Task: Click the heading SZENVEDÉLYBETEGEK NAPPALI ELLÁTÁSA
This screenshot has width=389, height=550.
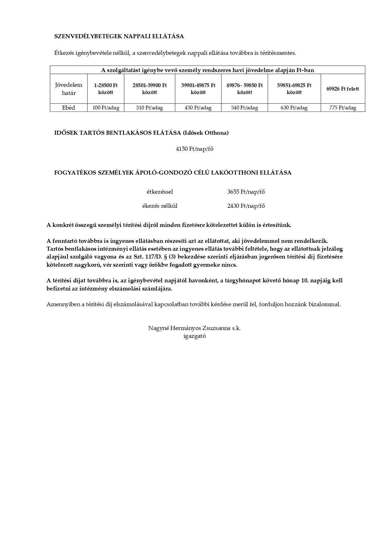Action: coord(119,36)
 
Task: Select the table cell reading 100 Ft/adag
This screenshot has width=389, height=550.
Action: coord(106,108)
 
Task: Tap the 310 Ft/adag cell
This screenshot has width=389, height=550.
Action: coord(149,108)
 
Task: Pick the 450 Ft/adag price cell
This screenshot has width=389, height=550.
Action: coord(198,108)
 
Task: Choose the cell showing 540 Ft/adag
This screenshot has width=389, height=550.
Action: coord(244,108)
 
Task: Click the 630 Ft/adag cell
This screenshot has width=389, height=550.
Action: coord(294,108)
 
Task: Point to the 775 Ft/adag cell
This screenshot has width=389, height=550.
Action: coord(343,108)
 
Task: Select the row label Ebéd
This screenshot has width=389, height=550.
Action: coord(69,108)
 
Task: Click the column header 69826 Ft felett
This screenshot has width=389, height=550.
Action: coord(343,89)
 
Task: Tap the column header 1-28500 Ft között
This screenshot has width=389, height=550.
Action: coord(106,89)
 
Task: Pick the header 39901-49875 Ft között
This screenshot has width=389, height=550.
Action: coord(198,89)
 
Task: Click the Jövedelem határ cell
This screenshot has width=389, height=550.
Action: coord(69,89)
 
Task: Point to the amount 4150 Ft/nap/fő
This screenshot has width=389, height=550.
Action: coord(194,149)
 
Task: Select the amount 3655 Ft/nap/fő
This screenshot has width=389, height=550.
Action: coord(246,192)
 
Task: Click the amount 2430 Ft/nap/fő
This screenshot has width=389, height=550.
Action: coord(246,206)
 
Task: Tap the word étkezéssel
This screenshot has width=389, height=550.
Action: coord(160,192)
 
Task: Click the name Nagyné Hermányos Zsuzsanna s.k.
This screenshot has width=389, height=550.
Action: coord(194,328)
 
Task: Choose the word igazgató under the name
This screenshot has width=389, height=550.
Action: coord(194,336)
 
